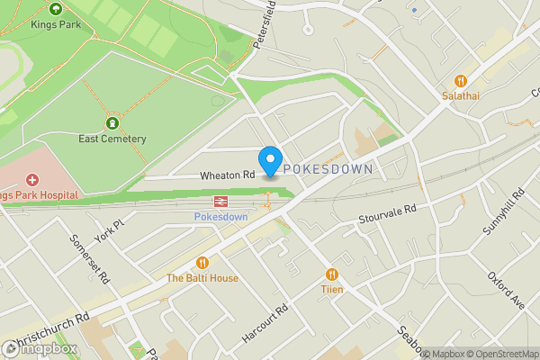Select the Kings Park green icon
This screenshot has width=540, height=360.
click(56, 8)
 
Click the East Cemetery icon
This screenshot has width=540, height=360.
click(112, 122)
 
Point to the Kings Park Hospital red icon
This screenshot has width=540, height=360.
click(32, 179)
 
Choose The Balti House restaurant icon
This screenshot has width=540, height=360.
click(202, 263)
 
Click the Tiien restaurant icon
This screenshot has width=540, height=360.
click(332, 274)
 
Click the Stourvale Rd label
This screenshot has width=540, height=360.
click(387, 214)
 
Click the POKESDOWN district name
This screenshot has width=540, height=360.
click(328, 168)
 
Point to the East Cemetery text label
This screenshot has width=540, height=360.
click(112, 139)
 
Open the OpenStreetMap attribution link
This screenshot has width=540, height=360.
click(500, 353)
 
